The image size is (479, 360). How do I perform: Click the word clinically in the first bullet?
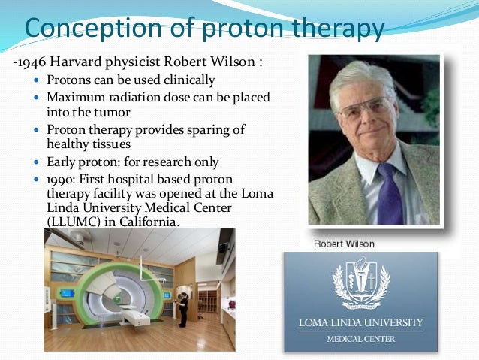(x=187, y=80)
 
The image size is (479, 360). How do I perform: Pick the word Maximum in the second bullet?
(x=75, y=98)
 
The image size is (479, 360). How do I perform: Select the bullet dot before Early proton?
(x=39, y=162)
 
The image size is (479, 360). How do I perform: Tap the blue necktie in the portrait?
(x=388, y=195)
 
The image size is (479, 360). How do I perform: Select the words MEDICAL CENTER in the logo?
(x=360, y=339)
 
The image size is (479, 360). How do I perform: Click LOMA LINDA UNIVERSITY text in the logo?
(x=360, y=324)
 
